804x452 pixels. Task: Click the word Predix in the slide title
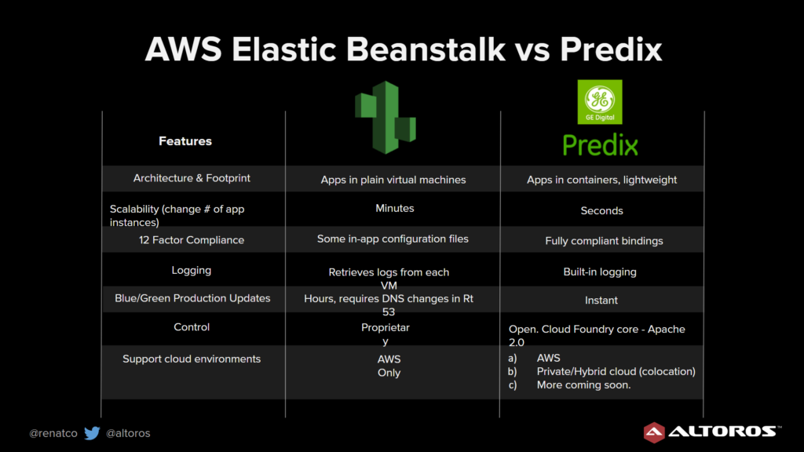611,49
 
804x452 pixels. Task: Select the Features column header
185,141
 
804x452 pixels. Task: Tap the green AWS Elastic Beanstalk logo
386,118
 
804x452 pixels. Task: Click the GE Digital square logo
600,101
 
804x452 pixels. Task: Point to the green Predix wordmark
601,145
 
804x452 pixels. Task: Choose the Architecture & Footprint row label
192,178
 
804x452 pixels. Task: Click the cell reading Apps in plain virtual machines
393,180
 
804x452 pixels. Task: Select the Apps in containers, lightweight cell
602,180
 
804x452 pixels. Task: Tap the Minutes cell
395,208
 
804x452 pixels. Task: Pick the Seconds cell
602,210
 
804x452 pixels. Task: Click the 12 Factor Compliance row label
192,240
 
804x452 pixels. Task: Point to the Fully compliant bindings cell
604,241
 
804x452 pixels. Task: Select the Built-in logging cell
600,272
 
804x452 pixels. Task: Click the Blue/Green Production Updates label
192,298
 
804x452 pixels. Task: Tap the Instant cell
601,301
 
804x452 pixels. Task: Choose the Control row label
192,327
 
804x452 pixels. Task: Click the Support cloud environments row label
192,359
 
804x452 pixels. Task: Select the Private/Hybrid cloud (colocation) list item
616,371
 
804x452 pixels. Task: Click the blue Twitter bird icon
93,433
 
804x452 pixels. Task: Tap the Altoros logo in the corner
711,432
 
